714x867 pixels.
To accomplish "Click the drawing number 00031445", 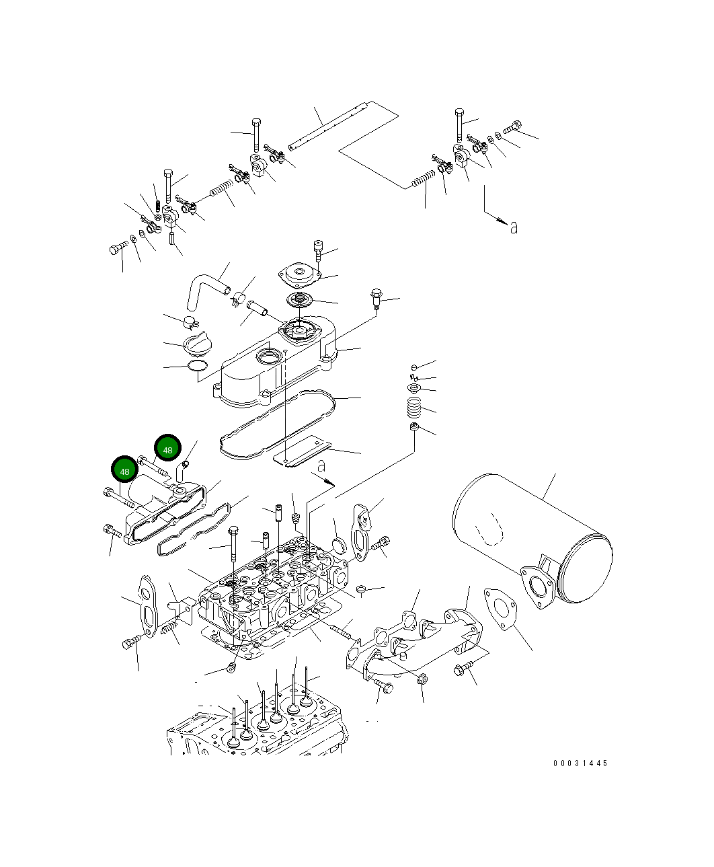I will click(580, 763).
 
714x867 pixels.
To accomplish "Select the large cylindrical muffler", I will click(531, 538).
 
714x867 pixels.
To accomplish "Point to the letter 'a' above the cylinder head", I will click(321, 465).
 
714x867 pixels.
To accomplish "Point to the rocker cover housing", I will click(276, 367).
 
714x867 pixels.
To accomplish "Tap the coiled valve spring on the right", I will click(414, 406).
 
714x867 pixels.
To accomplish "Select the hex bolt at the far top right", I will click(512, 126).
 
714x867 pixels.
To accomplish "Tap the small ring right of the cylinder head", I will click(361, 590).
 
